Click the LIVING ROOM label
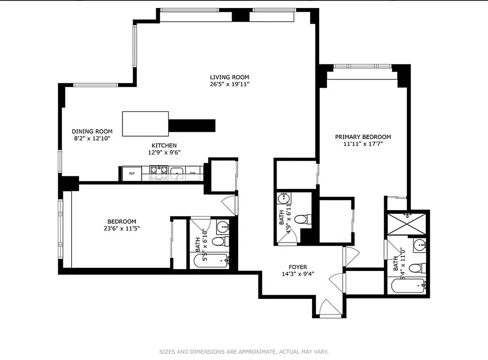229,77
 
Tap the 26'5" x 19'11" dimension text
229,84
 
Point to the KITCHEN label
164,145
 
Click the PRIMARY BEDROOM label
363,137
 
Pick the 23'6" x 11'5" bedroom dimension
122,228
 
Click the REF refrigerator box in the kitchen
132,173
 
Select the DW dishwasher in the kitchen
192,173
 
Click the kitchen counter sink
177,171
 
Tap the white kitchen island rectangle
145,124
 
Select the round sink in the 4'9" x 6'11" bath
284,198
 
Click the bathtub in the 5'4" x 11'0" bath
407,286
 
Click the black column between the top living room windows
240,16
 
